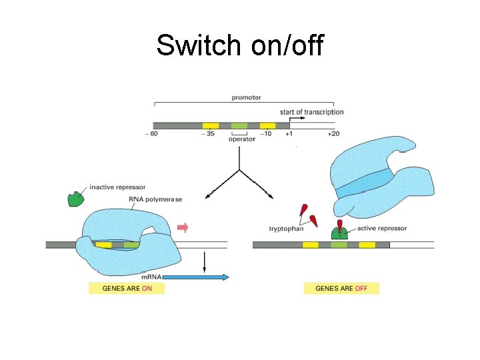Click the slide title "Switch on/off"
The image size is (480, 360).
click(239, 45)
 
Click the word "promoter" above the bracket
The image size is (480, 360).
click(246, 97)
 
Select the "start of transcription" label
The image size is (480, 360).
click(311, 112)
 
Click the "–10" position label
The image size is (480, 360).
click(265, 134)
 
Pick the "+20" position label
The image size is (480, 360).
click(333, 134)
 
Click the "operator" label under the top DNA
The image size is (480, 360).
click(239, 139)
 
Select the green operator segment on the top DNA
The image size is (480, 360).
click(239, 125)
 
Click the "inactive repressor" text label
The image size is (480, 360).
click(117, 187)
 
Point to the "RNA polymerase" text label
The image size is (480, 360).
click(155, 199)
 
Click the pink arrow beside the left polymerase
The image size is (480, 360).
click(183, 228)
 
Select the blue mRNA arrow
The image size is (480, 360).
click(196, 277)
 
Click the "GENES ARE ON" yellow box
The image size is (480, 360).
click(127, 289)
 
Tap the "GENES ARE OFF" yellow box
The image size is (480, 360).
click(341, 289)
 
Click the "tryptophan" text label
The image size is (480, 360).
click(285, 229)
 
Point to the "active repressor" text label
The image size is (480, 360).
click(381, 228)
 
